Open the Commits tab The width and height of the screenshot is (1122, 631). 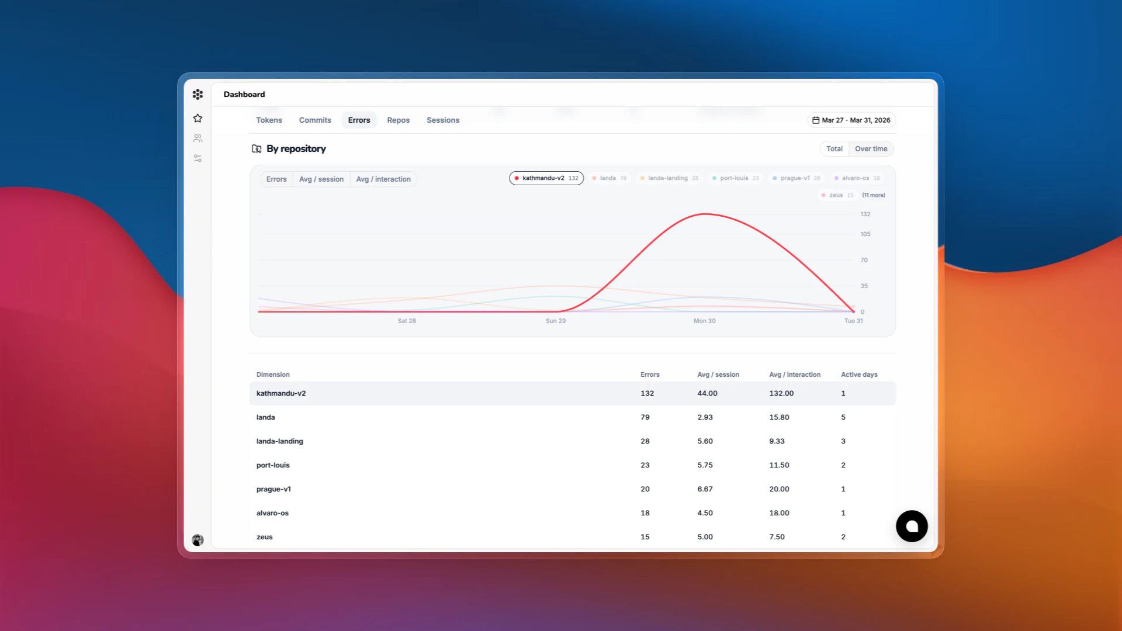(x=315, y=120)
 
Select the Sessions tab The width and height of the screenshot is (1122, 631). (x=442, y=120)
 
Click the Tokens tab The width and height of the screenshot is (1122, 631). (x=269, y=120)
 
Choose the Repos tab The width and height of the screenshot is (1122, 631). (x=398, y=120)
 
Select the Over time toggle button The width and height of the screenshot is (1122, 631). (x=871, y=149)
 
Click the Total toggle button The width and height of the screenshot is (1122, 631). (x=834, y=149)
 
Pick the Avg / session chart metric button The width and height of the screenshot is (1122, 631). (x=321, y=179)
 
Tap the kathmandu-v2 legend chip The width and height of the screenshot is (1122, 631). (x=546, y=178)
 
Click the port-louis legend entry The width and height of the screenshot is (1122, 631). (x=735, y=178)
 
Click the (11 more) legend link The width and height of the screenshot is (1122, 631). (x=873, y=195)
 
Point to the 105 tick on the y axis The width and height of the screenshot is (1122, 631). (x=865, y=234)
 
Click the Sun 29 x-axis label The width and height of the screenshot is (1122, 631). (x=555, y=321)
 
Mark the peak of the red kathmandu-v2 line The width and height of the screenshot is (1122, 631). (x=705, y=214)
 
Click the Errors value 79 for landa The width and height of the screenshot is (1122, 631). (x=645, y=417)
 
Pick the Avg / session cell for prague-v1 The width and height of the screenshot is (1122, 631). (x=705, y=489)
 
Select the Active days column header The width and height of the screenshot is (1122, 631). (x=858, y=375)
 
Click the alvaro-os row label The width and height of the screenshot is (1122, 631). (x=272, y=513)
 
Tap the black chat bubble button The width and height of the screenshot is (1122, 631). (x=911, y=526)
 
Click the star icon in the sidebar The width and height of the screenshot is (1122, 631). (x=198, y=119)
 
